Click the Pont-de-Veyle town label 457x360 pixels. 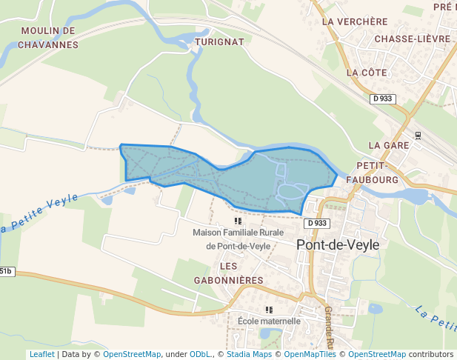point(337,244)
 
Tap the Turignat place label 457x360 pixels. point(219,42)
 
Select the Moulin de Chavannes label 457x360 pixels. point(50,38)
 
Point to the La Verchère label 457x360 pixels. point(355,21)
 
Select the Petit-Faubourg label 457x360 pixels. point(378,172)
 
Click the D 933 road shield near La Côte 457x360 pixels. point(383,99)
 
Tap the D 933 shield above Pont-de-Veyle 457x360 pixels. point(316,223)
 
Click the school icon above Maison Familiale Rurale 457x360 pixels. point(238,221)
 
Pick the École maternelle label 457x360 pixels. point(269,321)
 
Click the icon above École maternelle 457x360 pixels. point(269,310)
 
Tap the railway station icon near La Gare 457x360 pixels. point(418,136)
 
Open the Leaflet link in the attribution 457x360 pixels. point(41,355)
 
